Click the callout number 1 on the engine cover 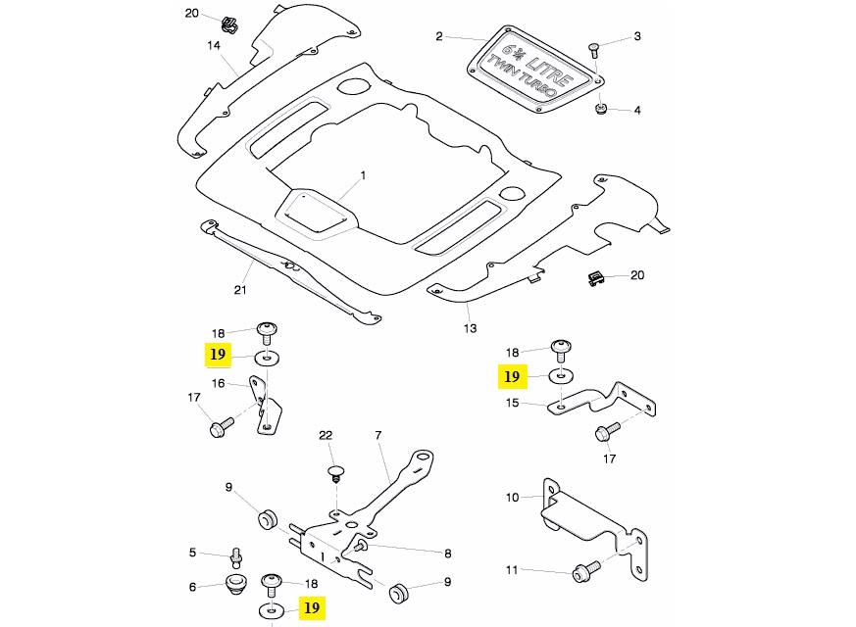pos(362,175)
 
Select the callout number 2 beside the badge pos(440,37)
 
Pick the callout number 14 pos(213,45)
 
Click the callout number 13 pos(470,328)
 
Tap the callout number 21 pos(239,290)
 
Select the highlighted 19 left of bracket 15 pos(511,376)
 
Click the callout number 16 pos(219,383)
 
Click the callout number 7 pos(378,434)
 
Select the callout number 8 pos(447,553)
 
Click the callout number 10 pos(512,498)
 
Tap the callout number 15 pos(511,402)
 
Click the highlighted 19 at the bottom pos(312,608)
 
